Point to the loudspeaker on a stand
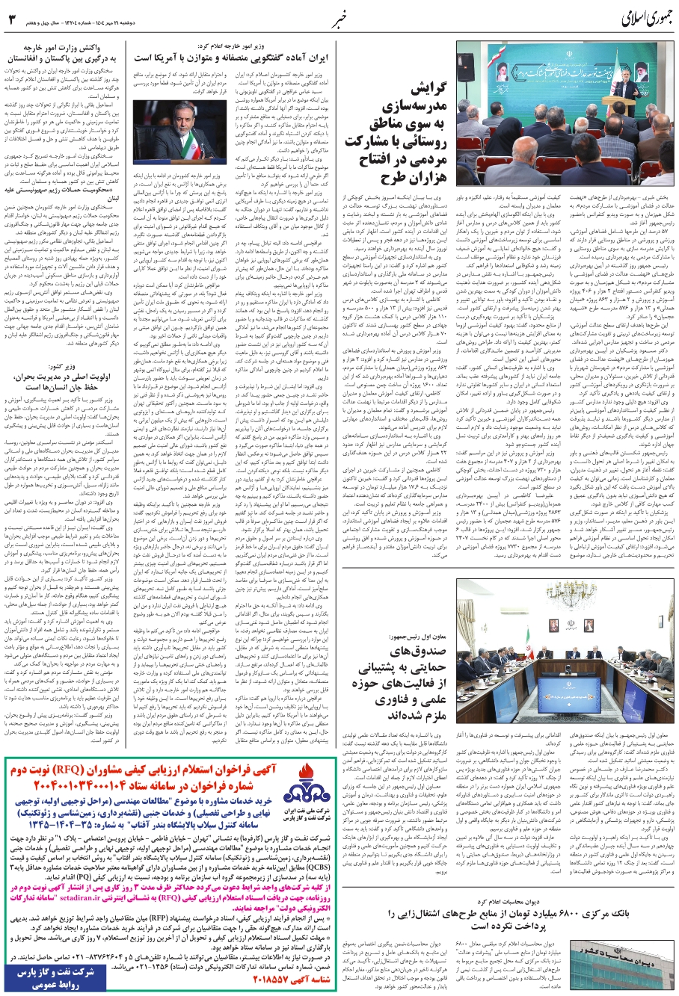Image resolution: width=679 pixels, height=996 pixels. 467,67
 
